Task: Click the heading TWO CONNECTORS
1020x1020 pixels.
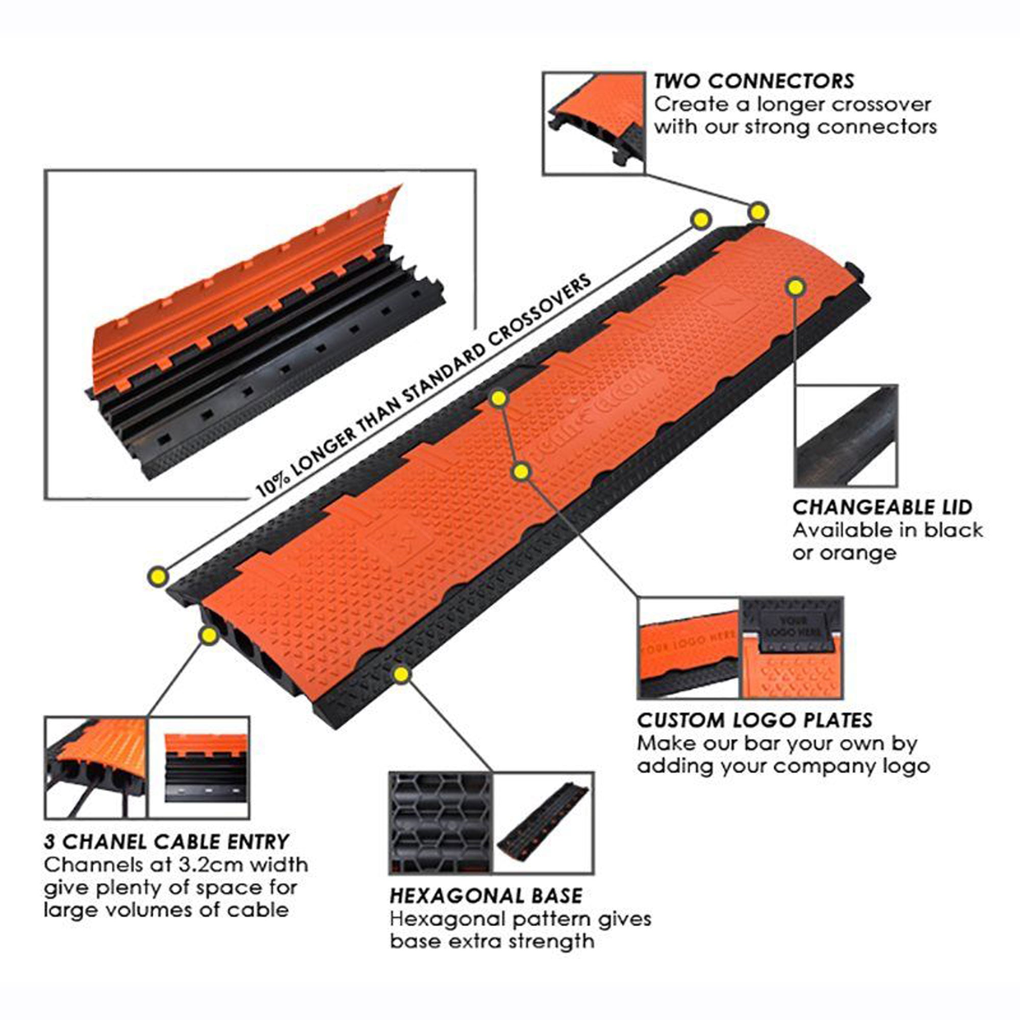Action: [753, 81]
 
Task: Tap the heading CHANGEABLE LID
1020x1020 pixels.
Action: [882, 507]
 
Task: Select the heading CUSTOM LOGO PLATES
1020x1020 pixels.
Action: [754, 720]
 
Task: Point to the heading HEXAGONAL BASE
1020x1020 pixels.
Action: [486, 896]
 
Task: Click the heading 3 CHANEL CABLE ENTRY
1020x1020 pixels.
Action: [167, 841]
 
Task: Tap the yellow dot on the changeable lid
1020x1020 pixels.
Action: [796, 287]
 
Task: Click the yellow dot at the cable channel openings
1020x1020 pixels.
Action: [209, 635]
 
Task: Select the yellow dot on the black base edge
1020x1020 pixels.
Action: [401, 675]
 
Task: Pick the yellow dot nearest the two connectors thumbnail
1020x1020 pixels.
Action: [758, 212]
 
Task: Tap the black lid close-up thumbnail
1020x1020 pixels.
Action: [845, 436]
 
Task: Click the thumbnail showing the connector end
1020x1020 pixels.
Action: [594, 123]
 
